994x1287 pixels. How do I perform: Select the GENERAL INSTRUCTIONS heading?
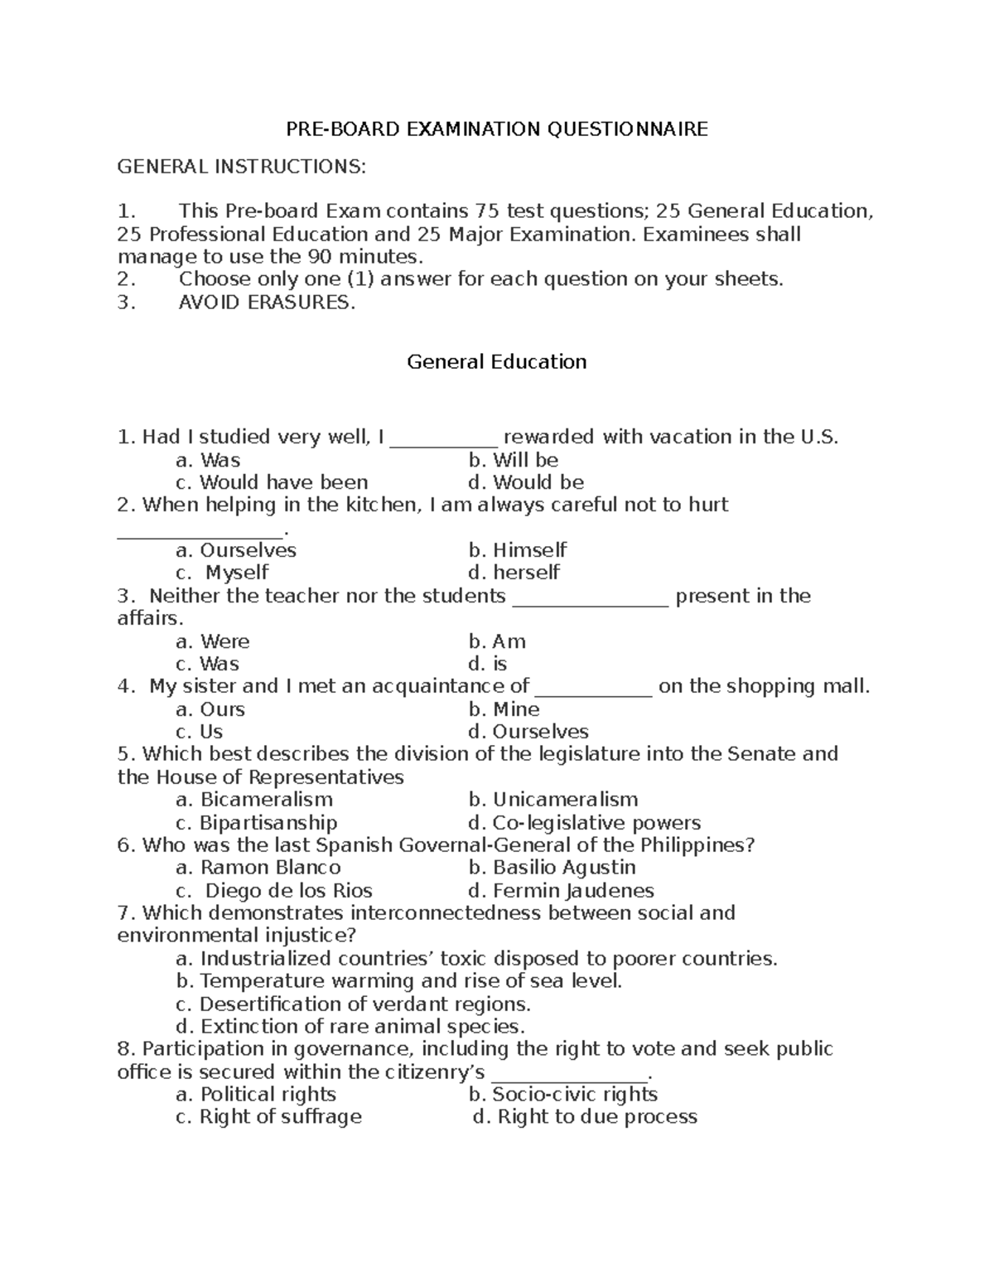pyautogui.click(x=240, y=167)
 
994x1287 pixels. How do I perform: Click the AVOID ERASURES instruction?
pyautogui.click(x=266, y=302)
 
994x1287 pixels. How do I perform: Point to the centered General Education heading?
pyautogui.click(x=496, y=362)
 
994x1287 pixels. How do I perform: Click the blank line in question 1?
pyautogui.click(x=443, y=439)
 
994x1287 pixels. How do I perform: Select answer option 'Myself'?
pyautogui.click(x=236, y=573)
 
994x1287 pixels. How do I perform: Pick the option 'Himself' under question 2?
pyautogui.click(x=529, y=550)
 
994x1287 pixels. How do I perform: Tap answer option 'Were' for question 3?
pyautogui.click(x=224, y=641)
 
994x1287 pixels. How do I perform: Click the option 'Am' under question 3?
pyautogui.click(x=508, y=641)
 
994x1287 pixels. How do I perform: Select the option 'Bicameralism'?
pyautogui.click(x=265, y=800)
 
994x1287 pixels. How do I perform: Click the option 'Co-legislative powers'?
pyautogui.click(x=596, y=823)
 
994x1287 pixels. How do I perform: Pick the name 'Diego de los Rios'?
pyautogui.click(x=287, y=891)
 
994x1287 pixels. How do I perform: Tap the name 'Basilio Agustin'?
pyautogui.click(x=563, y=868)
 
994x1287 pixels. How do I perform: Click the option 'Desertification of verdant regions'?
pyautogui.click(x=364, y=1004)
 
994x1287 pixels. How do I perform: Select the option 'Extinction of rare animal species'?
pyautogui.click(x=361, y=1027)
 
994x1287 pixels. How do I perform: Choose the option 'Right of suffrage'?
pyautogui.click(x=280, y=1117)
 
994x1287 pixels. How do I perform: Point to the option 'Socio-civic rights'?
pyautogui.click(x=574, y=1095)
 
